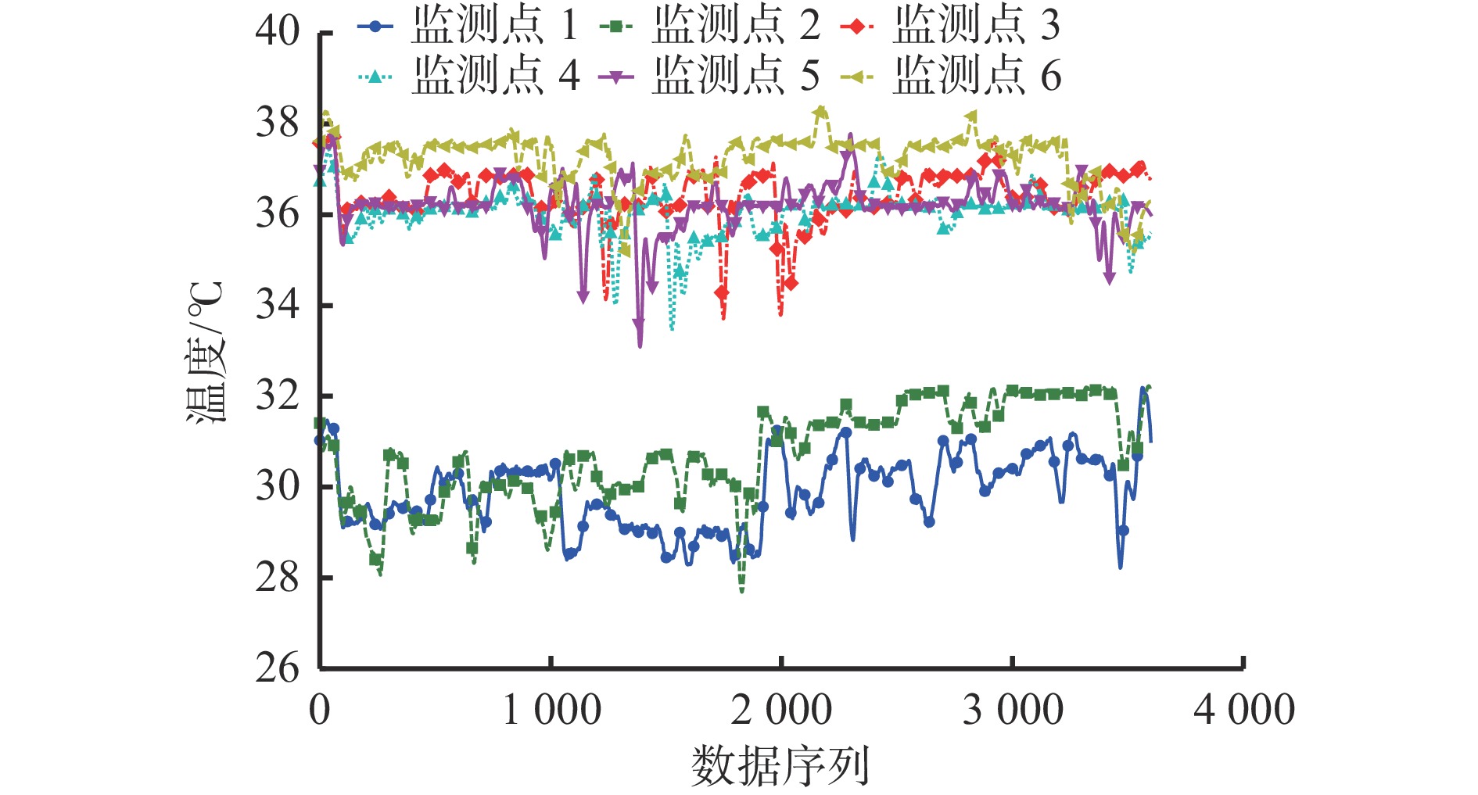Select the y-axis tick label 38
278,122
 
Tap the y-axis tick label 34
278,304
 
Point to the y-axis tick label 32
278,396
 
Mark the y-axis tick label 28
278,578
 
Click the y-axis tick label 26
278,668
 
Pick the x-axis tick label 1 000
551,710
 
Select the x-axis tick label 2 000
781,710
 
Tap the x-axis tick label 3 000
1013,710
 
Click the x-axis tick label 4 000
1243,710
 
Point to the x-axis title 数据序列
780,765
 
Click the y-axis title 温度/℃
206,352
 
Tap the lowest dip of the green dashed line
741,592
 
